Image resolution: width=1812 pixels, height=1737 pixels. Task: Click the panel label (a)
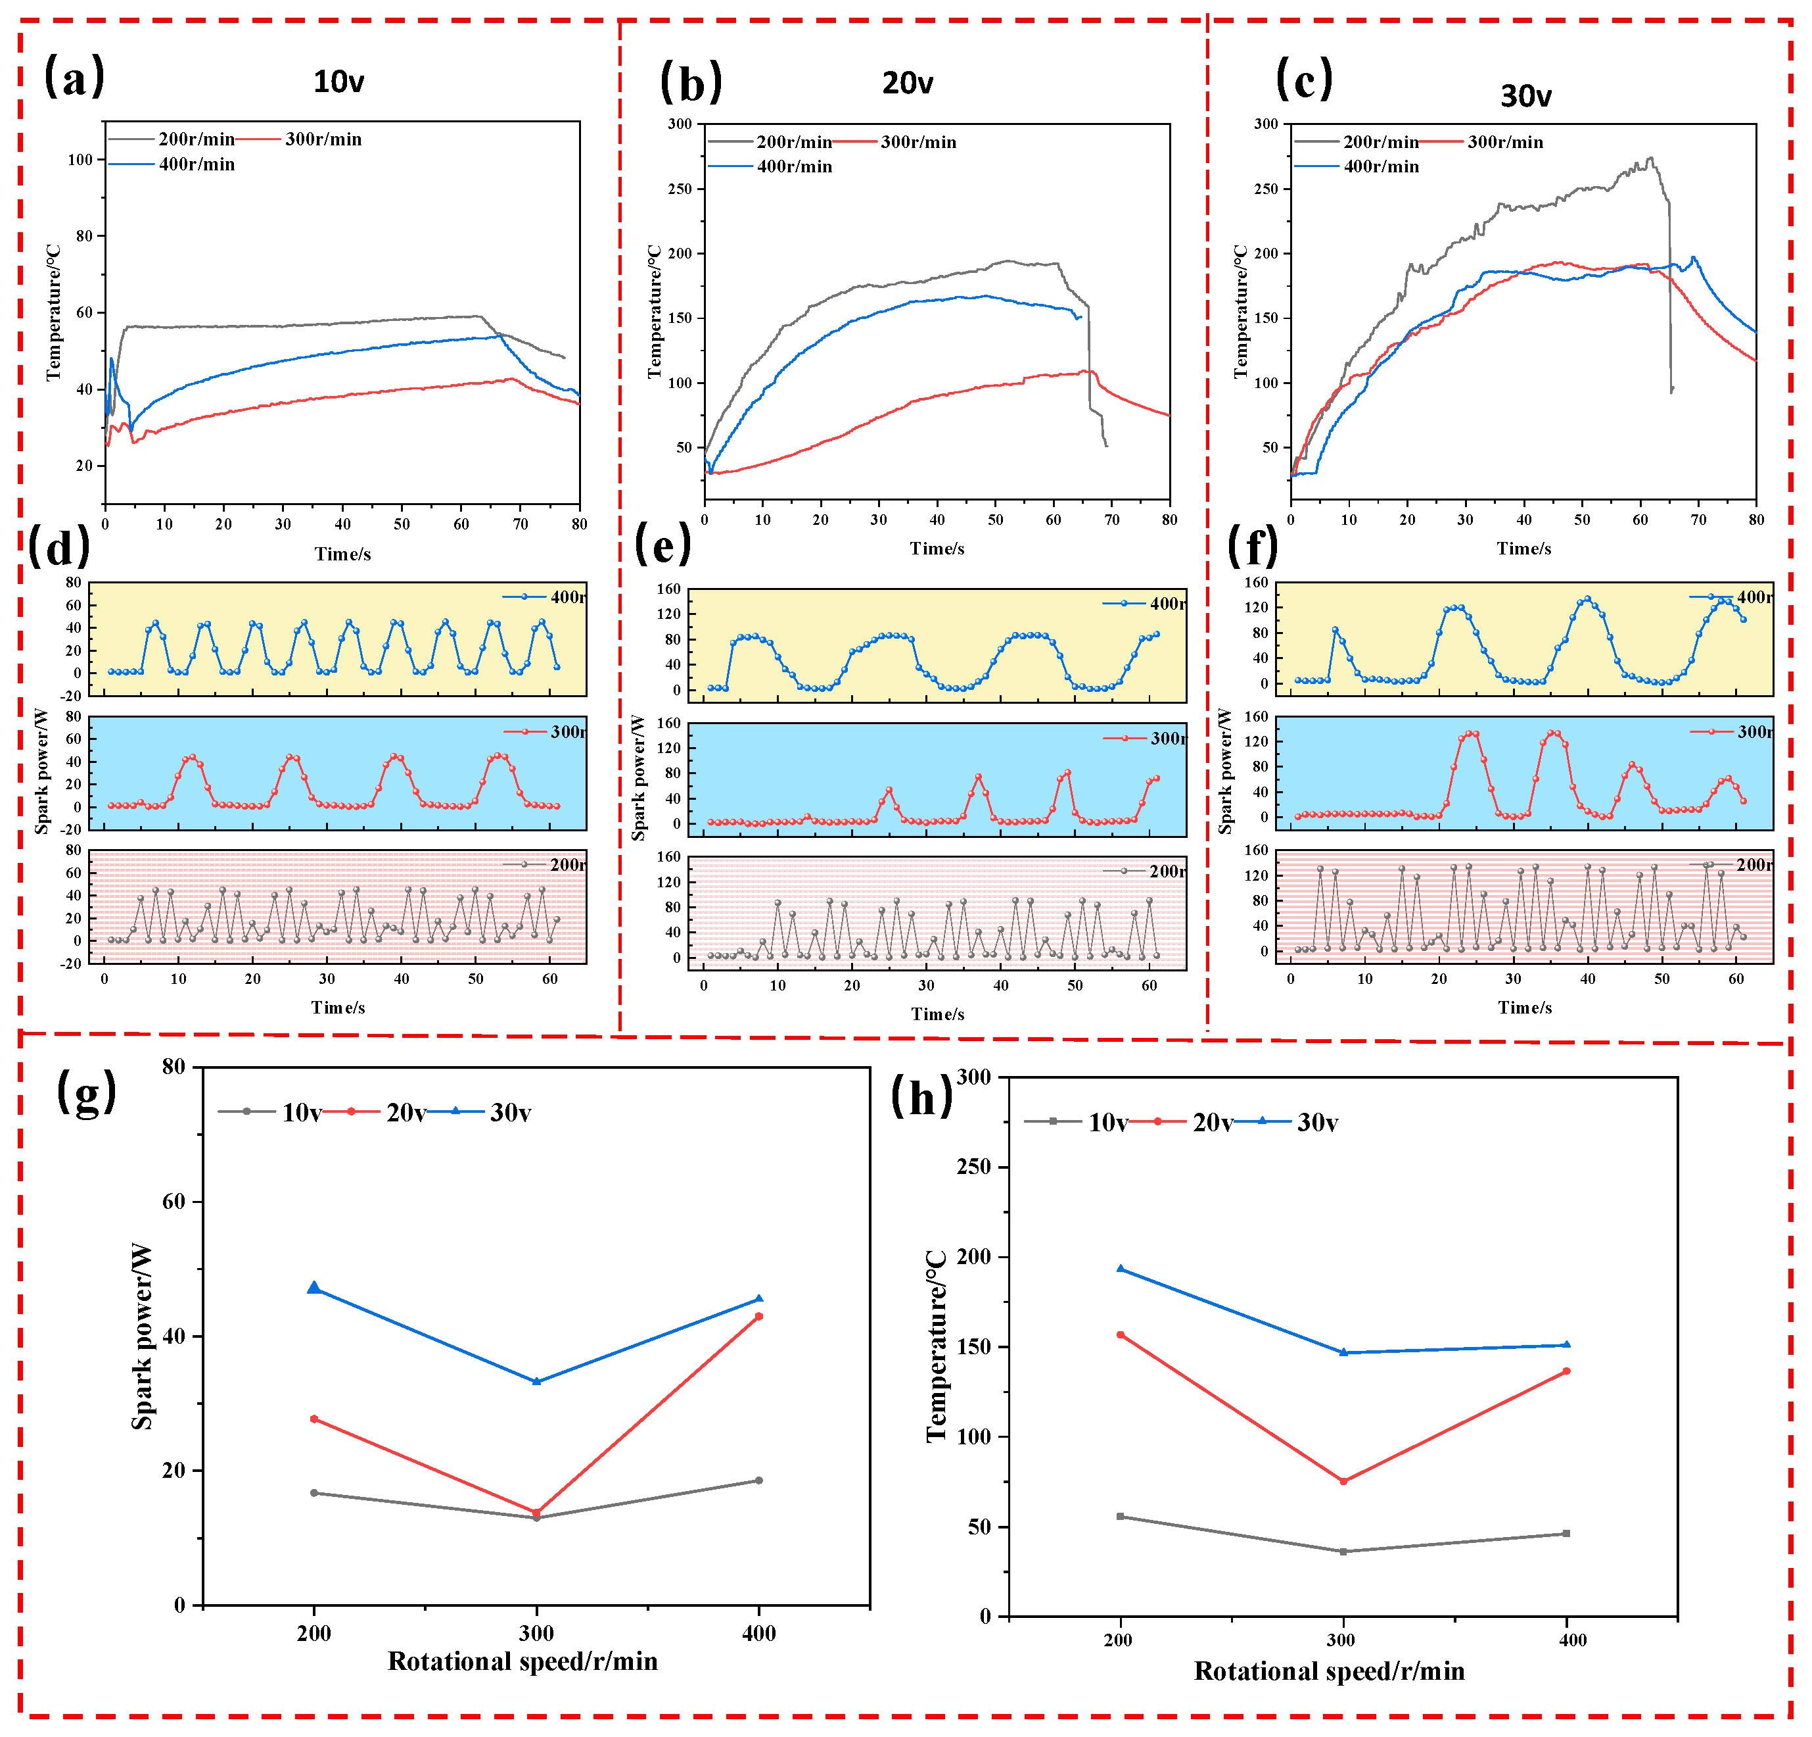(74, 76)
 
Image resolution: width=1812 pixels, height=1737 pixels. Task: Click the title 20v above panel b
(907, 84)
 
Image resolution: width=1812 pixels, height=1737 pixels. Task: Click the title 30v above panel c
(1525, 96)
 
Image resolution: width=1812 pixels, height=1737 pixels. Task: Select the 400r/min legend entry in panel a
(196, 164)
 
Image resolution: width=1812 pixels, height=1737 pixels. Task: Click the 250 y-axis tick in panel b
(680, 189)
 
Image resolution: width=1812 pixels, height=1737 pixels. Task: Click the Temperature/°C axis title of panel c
(1241, 312)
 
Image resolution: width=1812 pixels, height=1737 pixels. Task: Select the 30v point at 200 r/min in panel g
(314, 1288)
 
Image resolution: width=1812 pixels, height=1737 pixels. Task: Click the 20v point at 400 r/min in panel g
(759, 1316)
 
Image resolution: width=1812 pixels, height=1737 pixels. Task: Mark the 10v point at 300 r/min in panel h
(1343, 1551)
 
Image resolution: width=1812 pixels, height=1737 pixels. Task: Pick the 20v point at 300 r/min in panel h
(1343, 1480)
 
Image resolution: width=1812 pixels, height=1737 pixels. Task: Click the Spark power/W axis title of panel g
(141, 1336)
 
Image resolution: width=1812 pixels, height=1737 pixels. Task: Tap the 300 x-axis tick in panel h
(1341, 1640)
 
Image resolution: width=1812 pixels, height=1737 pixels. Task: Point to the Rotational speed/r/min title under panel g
(523, 1661)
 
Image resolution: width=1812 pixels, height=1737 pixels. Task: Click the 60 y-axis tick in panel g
(174, 1202)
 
